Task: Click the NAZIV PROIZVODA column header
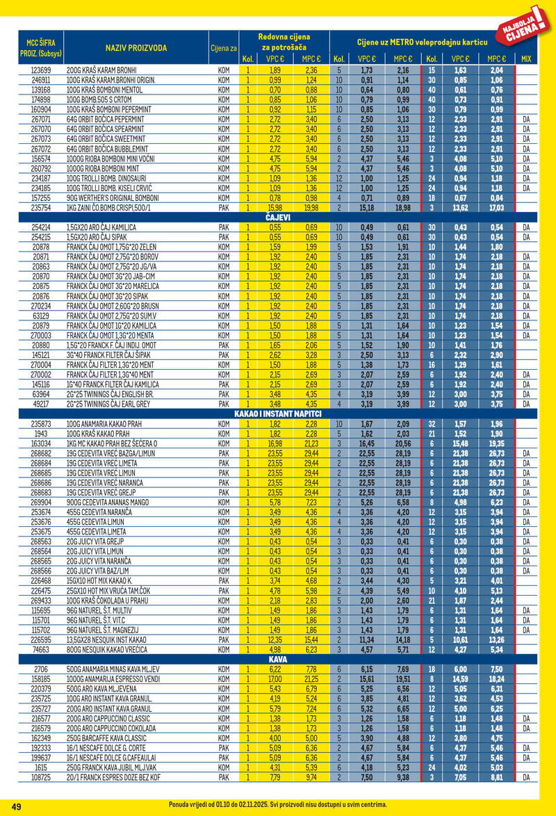pyautogui.click(x=136, y=47)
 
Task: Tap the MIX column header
pyautogui.click(x=526, y=59)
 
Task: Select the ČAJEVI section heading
pyautogui.click(x=278, y=218)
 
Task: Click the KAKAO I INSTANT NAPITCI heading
pyautogui.click(x=278, y=414)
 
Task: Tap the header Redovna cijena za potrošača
pyautogui.click(x=284, y=41)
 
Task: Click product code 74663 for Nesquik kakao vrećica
pyautogui.click(x=40, y=648)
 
